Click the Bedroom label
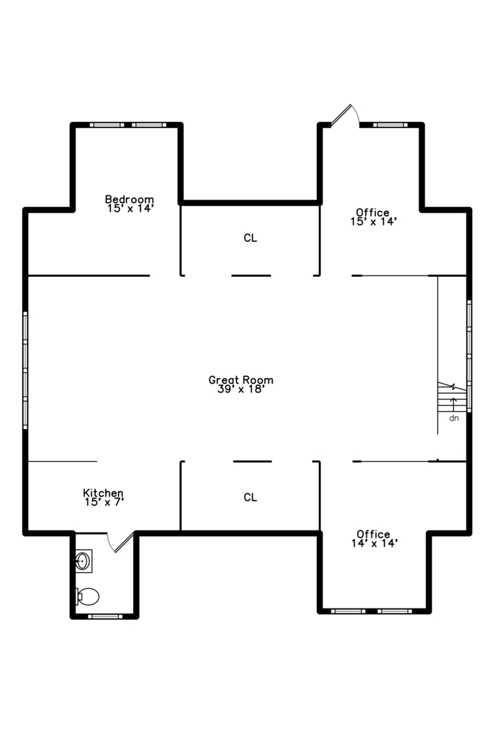[129, 199]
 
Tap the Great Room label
[241, 380]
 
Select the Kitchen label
[103, 493]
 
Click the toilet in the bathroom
[88, 595]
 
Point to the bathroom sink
[84, 561]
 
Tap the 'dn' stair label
[454, 417]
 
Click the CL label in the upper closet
[250, 238]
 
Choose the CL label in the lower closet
[250, 497]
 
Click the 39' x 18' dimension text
[241, 389]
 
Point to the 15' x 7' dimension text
[103, 502]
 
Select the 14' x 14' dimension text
[373, 543]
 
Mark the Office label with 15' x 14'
[373, 212]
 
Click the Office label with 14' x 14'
[373, 534]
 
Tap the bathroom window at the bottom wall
[105, 616]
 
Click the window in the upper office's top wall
[390, 125]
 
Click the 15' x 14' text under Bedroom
[129, 208]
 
